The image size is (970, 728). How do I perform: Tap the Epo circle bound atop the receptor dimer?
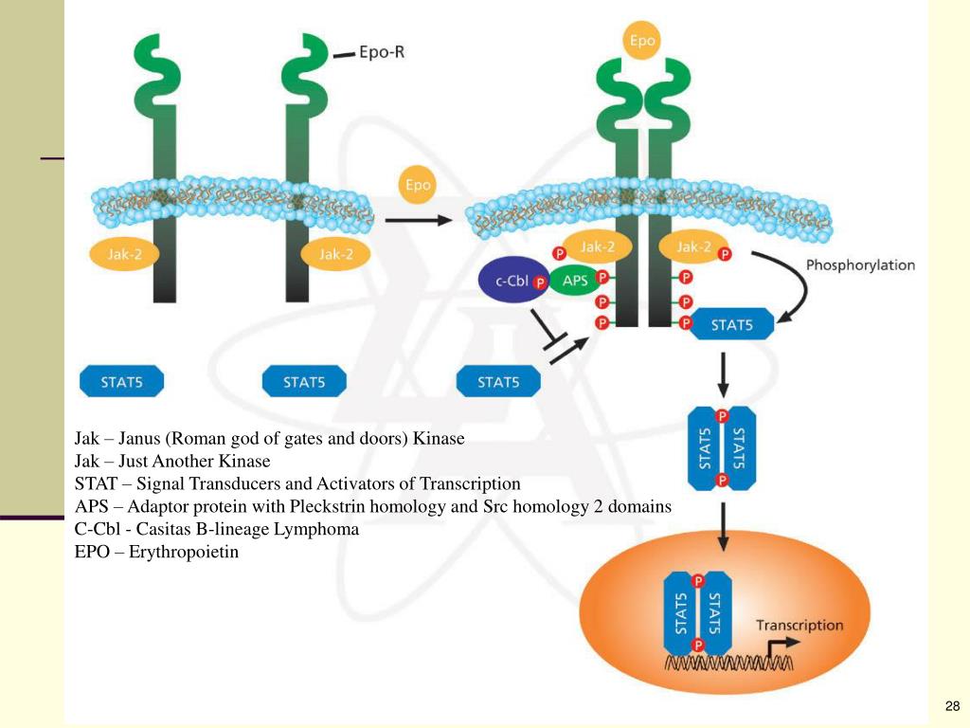click(644, 42)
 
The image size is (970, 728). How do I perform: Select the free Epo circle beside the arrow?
click(418, 185)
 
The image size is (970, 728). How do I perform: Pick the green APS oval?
click(575, 282)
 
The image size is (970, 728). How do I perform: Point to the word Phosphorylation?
click(860, 264)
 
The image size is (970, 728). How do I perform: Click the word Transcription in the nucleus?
click(799, 626)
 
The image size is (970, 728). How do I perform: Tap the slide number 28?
click(952, 706)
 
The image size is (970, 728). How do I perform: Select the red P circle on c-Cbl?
click(540, 282)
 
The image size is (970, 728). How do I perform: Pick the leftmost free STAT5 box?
click(121, 383)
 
